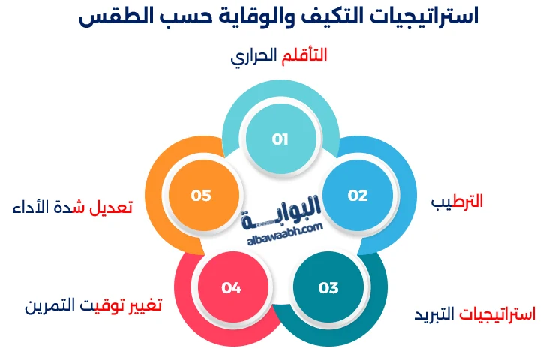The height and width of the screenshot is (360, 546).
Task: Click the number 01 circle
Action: click(280, 139)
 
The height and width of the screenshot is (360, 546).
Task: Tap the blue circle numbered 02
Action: click(358, 196)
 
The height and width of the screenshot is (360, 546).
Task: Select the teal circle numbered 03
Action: click(328, 287)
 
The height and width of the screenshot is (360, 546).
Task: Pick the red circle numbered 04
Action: click(231, 287)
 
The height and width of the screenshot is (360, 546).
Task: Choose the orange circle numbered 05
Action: click(201, 196)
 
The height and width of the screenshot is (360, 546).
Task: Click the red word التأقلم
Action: click(303, 55)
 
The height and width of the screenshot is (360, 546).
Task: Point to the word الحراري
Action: click(253, 57)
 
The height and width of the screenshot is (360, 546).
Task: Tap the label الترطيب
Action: click(457, 202)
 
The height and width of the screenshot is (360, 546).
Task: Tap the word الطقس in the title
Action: click(110, 16)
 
